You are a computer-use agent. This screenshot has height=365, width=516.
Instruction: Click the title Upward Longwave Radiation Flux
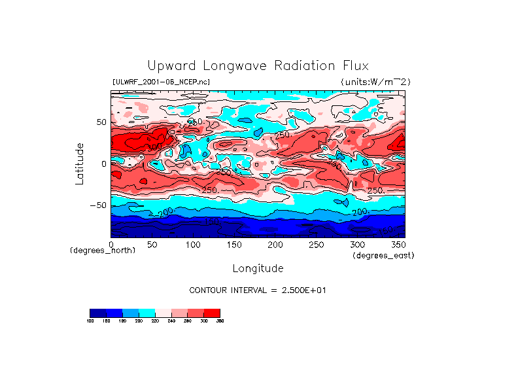258,66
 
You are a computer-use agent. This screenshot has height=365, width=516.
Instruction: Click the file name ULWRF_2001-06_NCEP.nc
161,82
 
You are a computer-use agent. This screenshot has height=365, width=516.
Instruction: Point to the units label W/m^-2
375,82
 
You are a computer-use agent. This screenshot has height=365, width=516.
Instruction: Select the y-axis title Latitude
80,164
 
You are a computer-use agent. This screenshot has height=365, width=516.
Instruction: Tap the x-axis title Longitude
258,268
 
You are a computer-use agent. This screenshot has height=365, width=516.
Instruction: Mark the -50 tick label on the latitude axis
98,205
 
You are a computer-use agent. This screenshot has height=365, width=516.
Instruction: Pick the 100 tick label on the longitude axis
193,245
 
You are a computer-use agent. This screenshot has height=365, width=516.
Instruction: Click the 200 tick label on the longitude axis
275,245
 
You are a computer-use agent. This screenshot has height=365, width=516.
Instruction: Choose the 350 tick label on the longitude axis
397,245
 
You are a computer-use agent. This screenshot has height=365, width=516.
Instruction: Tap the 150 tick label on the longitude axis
233,245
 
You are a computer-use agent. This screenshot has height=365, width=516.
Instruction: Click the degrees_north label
103,251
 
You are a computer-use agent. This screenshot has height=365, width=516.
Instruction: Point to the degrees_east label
383,255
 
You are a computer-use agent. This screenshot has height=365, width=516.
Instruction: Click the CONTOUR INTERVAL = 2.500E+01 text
258,290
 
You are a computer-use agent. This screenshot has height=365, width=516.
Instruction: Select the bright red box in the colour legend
212,313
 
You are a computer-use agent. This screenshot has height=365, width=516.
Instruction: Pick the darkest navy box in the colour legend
97,313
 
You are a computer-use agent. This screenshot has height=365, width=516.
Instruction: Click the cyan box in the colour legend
146,313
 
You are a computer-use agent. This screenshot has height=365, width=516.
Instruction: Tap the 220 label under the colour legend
154,321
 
